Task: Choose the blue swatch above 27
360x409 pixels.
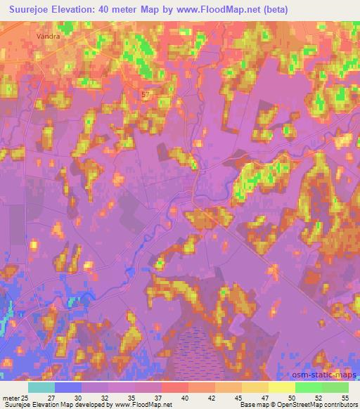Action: coord(68,387)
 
